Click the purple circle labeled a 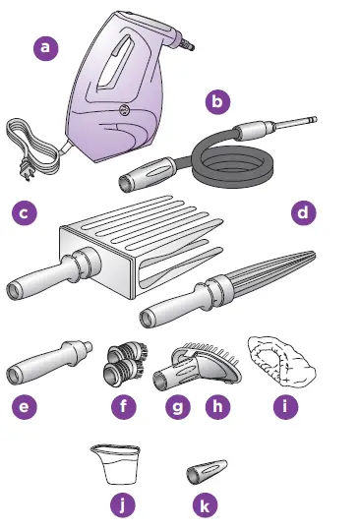[x=42, y=46]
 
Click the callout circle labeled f [x=123, y=406]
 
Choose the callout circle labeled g [x=176, y=406]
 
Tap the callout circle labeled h [x=215, y=406]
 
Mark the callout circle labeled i [x=284, y=406]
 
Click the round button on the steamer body [x=126, y=108]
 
